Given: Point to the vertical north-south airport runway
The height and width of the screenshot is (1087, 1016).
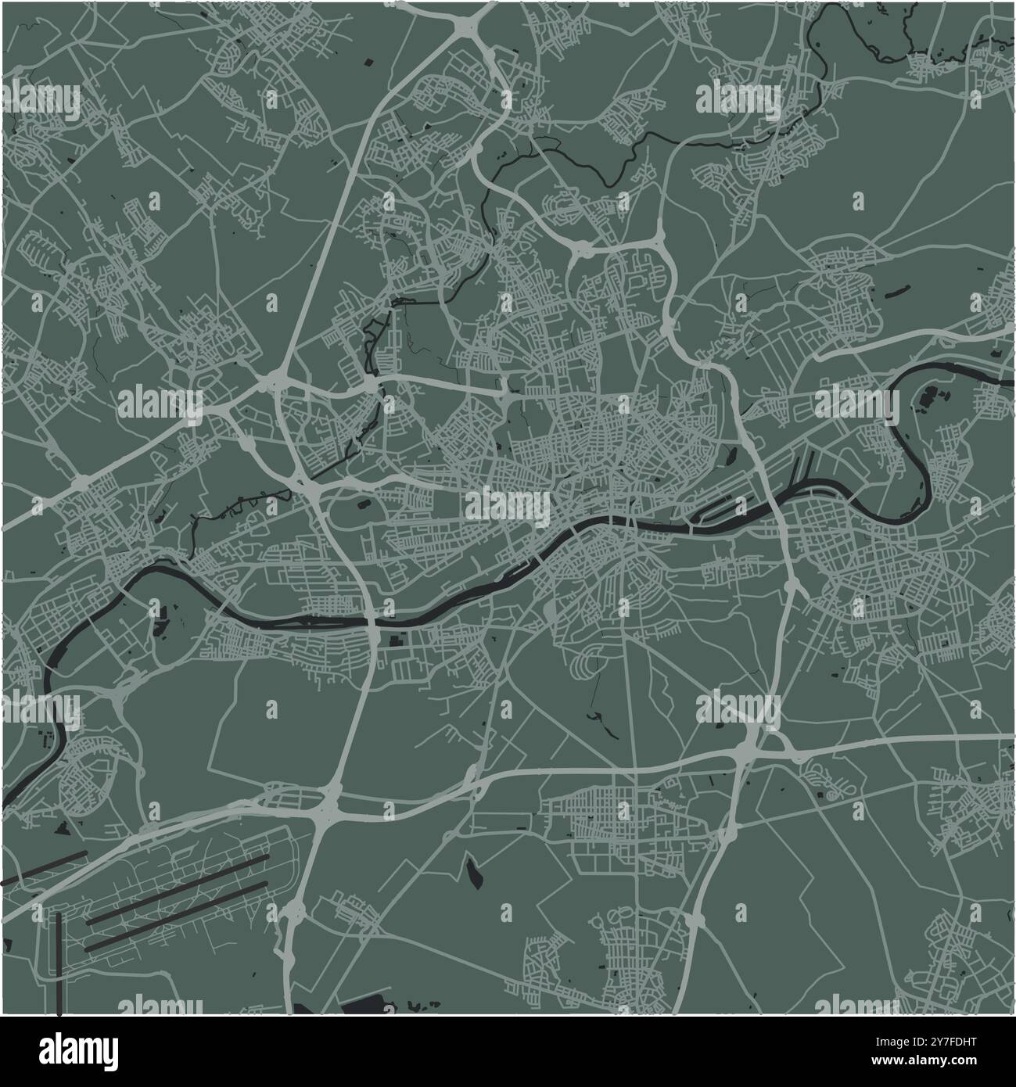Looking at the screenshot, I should click(x=59, y=962).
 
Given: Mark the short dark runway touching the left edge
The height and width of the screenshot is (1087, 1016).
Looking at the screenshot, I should click(x=43, y=867).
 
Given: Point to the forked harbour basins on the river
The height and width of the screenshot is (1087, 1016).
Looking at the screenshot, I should click(x=798, y=477).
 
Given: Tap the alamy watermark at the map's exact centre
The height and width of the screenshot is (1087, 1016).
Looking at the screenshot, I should click(x=508, y=508).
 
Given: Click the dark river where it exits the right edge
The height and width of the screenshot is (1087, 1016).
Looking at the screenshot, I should click(x=1009, y=381).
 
